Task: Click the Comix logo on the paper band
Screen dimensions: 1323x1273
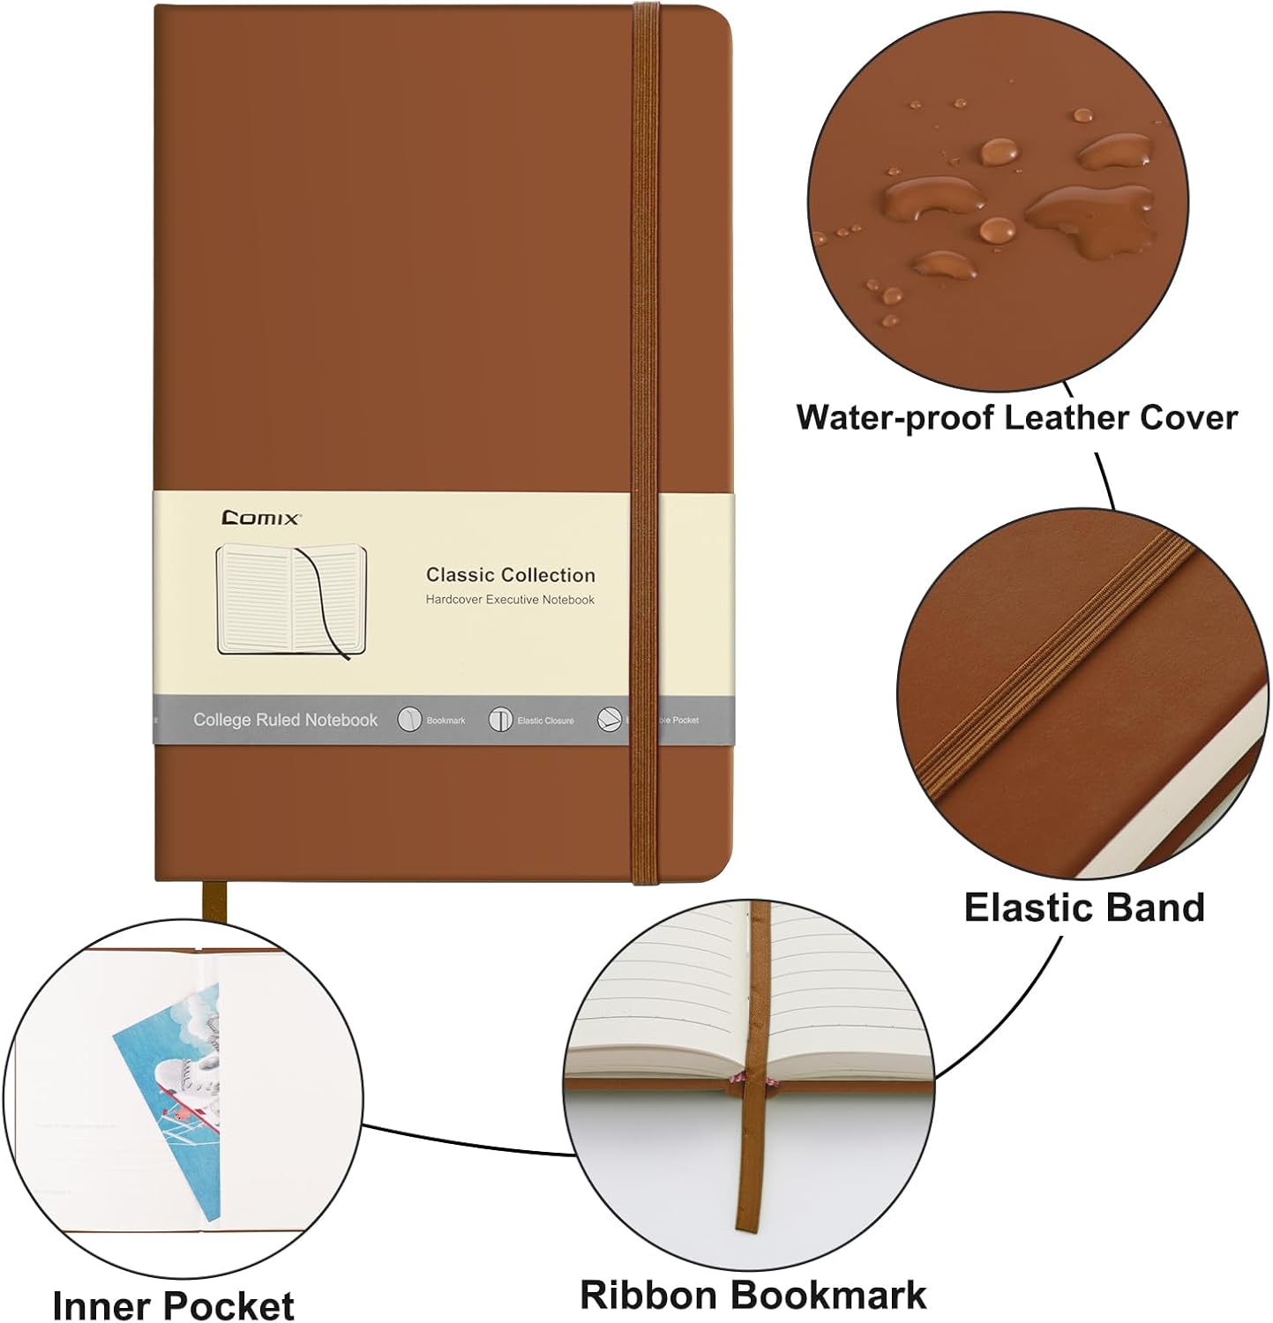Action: coord(261,518)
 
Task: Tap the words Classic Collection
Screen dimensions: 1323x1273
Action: coord(510,575)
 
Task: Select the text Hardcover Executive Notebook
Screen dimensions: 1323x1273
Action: coord(510,600)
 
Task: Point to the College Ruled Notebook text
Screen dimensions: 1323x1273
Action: coord(285,720)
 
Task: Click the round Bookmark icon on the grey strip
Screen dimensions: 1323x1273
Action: coord(409,720)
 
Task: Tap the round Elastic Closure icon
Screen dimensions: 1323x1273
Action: coord(500,720)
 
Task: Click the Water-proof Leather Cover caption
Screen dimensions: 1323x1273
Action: coord(1016,417)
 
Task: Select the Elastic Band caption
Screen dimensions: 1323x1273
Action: coord(1083,907)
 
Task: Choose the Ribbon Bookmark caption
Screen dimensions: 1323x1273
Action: coord(753,1295)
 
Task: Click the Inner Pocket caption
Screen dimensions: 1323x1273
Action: coord(173,1304)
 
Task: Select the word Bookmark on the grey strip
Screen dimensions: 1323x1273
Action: coord(446,721)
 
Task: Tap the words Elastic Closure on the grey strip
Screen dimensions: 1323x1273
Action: coord(545,721)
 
